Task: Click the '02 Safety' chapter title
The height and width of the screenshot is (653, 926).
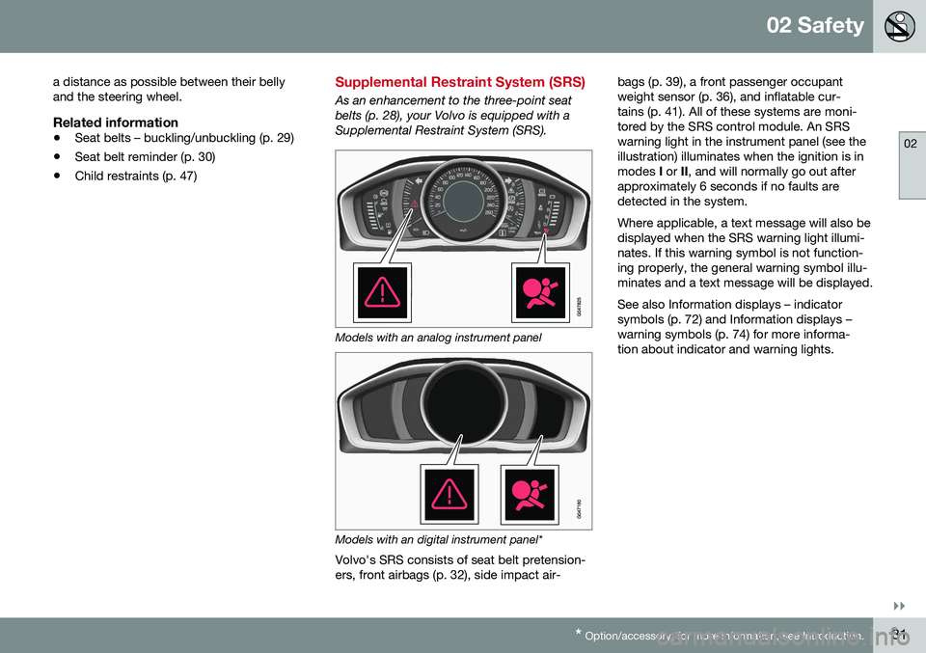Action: (x=815, y=26)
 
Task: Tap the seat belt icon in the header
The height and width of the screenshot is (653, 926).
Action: (x=897, y=26)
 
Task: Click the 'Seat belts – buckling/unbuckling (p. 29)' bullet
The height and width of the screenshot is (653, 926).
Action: (x=183, y=138)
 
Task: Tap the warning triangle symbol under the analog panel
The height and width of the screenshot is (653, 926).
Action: (x=382, y=291)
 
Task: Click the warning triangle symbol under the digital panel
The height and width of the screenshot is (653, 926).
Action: (x=448, y=493)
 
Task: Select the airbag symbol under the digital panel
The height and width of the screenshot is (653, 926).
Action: (x=530, y=493)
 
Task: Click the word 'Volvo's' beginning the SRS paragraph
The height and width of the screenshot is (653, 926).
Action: (x=356, y=559)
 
